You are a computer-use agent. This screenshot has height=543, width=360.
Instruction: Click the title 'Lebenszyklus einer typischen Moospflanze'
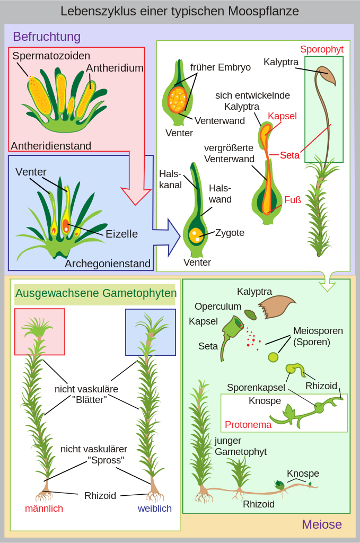click(180, 11)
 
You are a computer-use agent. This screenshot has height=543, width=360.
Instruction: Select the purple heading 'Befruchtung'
click(47, 37)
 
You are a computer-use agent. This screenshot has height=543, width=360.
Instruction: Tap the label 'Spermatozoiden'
click(51, 56)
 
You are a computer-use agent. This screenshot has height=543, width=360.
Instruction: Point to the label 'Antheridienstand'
click(51, 146)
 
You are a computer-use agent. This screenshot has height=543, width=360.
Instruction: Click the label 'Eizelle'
click(121, 234)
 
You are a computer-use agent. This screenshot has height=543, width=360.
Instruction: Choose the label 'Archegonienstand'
click(108, 264)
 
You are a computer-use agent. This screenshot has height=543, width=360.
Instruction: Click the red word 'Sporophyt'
click(321, 49)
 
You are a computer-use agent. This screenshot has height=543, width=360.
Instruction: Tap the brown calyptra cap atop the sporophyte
click(326, 76)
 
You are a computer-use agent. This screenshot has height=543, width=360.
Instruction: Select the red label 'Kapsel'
click(282, 116)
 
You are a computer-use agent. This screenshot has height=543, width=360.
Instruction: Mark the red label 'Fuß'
click(292, 200)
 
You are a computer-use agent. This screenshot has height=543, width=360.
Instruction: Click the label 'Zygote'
click(230, 233)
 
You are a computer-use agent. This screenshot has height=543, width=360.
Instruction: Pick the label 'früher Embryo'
click(221, 67)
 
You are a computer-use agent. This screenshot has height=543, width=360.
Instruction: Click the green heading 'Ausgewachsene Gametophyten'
click(95, 293)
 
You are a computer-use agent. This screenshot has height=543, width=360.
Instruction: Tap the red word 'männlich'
click(44, 509)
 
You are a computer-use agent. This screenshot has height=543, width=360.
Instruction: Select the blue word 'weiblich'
click(155, 509)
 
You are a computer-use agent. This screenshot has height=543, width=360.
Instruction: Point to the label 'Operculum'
click(217, 306)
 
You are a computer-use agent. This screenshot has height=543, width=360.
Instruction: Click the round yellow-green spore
click(273, 357)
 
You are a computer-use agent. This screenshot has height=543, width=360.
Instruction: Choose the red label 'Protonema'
click(248, 425)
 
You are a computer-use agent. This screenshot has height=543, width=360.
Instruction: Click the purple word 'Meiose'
click(321, 524)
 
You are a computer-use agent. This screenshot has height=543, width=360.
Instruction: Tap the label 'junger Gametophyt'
click(240, 446)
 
